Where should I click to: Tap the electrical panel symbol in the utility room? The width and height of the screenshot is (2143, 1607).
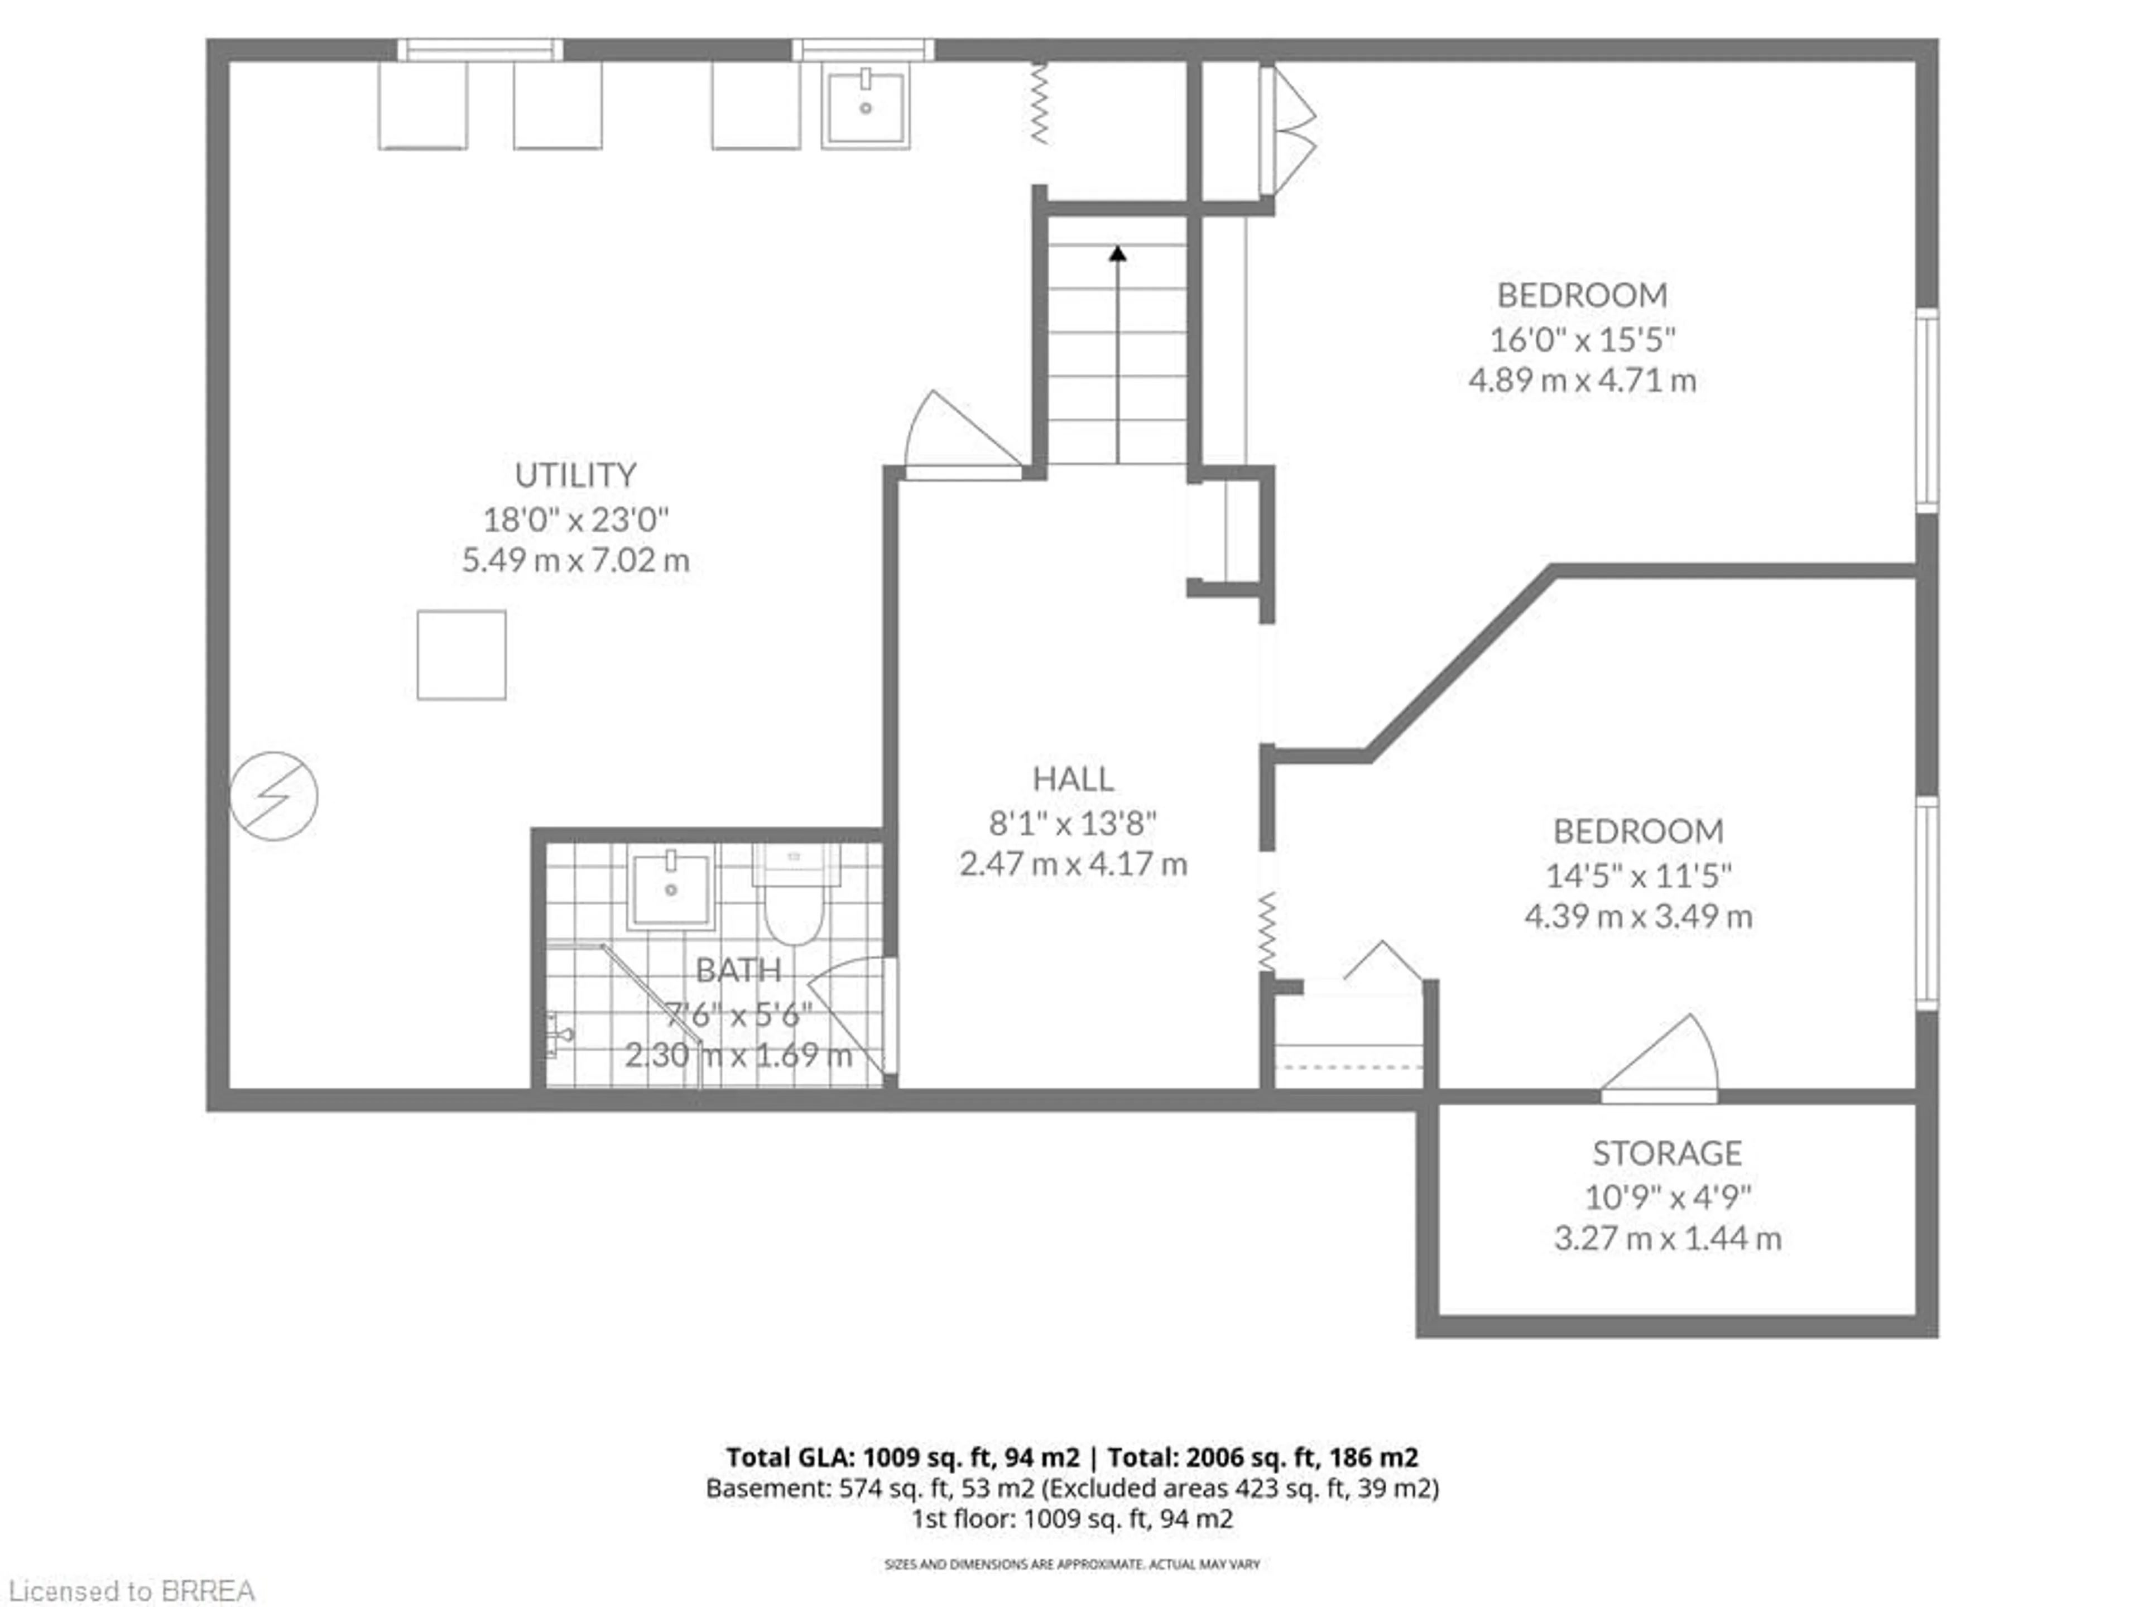click(273, 796)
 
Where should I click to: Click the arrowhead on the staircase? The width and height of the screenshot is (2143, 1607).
click(1118, 254)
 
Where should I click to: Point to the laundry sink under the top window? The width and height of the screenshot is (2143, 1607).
click(865, 107)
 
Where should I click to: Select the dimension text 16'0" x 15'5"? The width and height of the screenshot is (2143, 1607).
click(1582, 340)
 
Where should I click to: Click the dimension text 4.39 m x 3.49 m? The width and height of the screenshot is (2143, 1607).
click(1639, 916)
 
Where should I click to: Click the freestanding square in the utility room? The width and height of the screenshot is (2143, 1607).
click(461, 655)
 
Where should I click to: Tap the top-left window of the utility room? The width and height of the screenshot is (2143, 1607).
click(479, 50)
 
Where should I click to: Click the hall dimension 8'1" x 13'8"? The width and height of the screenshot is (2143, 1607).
click(1073, 824)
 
